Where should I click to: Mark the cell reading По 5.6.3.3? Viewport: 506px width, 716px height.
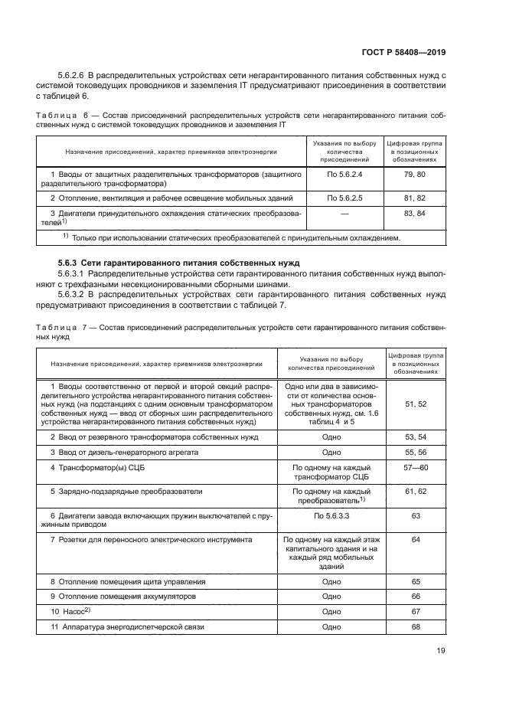pos(331,516)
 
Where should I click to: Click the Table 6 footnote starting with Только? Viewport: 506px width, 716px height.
pos(235,238)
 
